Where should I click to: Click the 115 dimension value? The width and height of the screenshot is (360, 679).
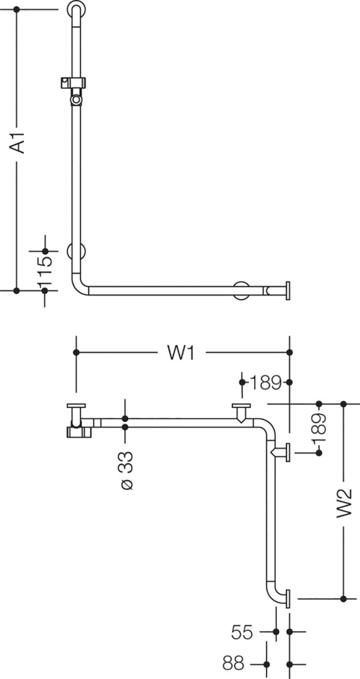pos(45,270)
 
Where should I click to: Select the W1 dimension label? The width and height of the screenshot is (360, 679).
pos(182,353)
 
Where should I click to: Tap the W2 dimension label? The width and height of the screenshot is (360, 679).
pos(344,503)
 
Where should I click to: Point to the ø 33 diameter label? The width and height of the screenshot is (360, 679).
pos(126,471)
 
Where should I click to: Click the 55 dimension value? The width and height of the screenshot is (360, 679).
pos(242,632)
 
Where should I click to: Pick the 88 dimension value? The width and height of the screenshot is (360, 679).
pos(234,663)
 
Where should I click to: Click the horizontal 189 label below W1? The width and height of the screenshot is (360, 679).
pos(265,382)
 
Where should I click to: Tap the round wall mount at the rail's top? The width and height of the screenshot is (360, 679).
pos(76,9)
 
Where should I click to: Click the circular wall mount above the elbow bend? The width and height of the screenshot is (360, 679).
pos(76,251)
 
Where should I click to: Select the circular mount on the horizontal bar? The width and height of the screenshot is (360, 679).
pos(241,290)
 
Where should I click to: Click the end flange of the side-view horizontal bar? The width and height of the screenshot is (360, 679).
pos(287,290)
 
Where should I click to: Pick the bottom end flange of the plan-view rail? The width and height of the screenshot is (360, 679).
pos(288,599)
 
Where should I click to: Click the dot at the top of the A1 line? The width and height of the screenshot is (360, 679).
pos(17,9)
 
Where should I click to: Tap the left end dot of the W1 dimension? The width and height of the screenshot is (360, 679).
pos(76,353)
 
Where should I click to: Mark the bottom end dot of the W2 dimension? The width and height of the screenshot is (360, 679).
pos(344,599)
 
